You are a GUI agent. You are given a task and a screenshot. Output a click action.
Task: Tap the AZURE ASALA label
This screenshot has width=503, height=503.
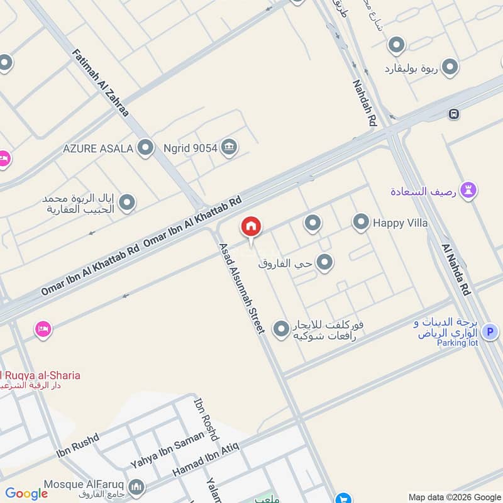[97, 148]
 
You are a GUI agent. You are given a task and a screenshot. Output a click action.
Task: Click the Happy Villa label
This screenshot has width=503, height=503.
[400, 223]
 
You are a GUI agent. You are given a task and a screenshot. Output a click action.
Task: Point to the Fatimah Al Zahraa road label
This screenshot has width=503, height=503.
[101, 83]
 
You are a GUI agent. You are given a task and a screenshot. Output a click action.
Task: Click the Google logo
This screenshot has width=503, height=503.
[26, 494]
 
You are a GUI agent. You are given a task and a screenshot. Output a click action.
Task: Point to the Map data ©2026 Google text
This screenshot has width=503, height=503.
[453, 496]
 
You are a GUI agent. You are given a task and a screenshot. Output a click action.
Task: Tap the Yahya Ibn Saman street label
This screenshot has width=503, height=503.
[167, 450]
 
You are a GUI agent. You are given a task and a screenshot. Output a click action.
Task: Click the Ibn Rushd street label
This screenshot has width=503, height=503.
[77, 445]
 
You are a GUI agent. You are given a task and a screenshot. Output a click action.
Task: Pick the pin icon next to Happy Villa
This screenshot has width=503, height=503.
[360, 221]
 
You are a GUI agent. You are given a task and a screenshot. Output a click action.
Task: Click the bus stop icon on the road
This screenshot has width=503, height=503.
[453, 114]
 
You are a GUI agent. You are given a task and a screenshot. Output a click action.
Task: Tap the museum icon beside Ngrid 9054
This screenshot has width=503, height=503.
[229, 148]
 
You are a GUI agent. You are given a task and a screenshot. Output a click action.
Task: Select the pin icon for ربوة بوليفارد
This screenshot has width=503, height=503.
[450, 67]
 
